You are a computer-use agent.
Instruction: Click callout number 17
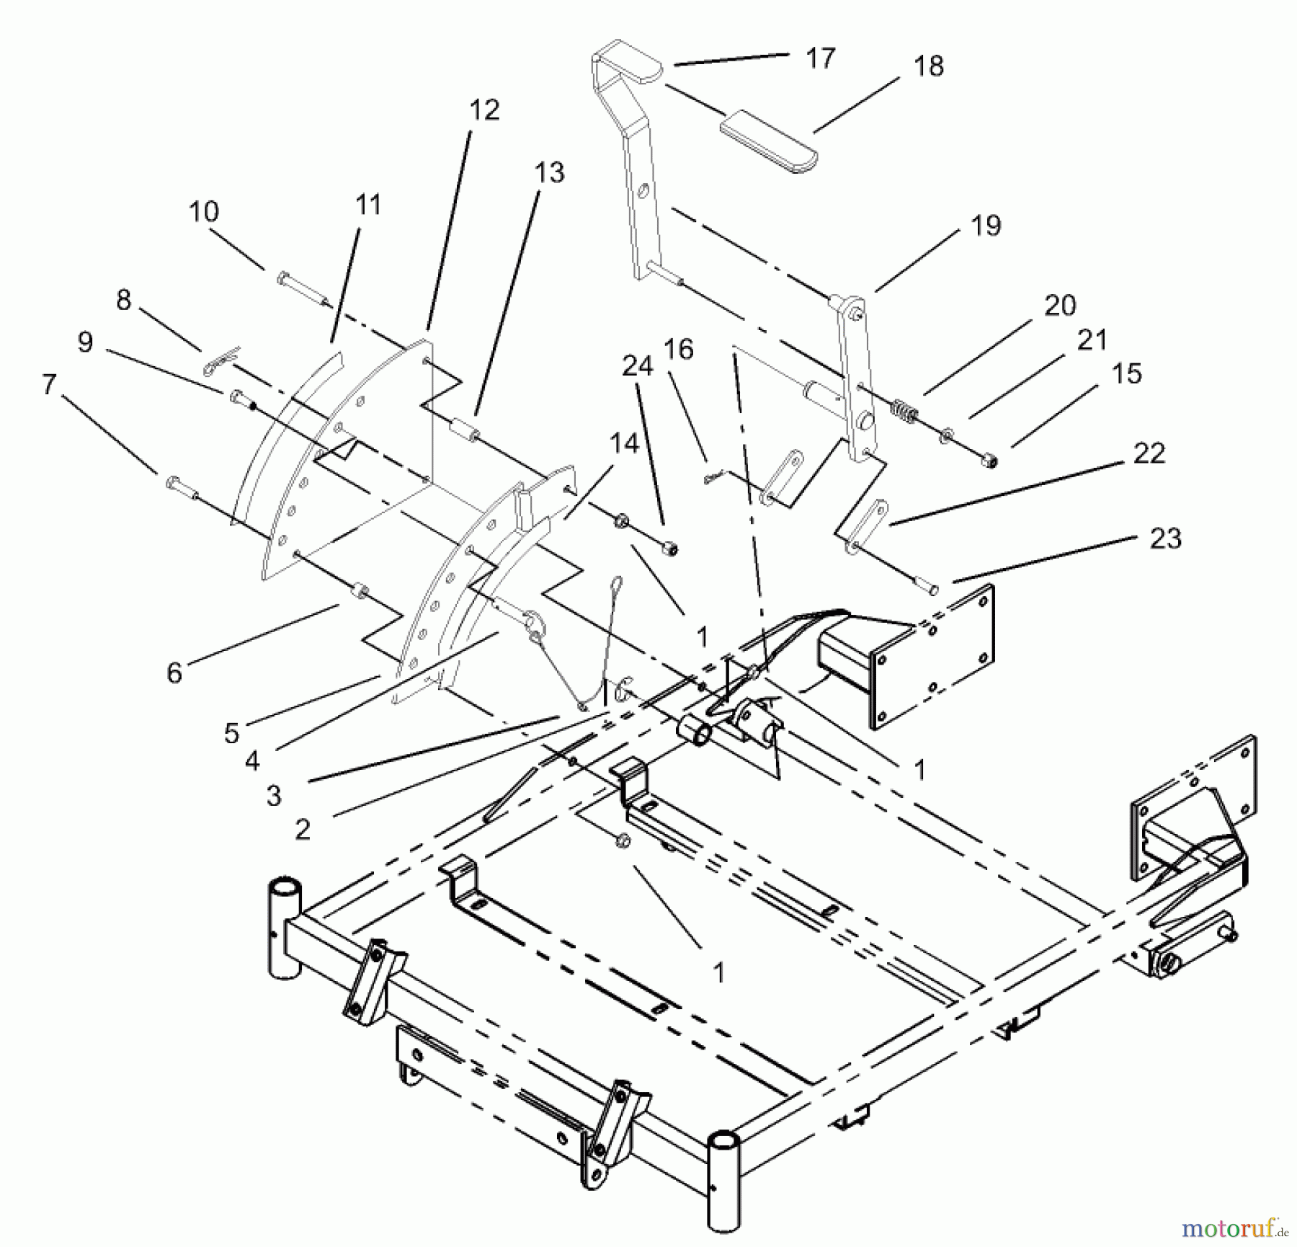pyautogui.click(x=820, y=58)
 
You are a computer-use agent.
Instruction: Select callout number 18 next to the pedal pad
pyautogui.click(x=928, y=66)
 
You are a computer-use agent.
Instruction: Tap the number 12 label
pyautogui.click(x=484, y=110)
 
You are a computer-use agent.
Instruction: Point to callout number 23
pyautogui.click(x=1165, y=538)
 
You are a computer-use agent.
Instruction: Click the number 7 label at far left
pyautogui.click(x=49, y=384)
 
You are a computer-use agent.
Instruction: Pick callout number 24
pyautogui.click(x=637, y=366)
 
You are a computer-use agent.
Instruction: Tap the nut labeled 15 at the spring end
pyautogui.click(x=991, y=461)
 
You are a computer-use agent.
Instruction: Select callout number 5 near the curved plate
pyautogui.click(x=231, y=732)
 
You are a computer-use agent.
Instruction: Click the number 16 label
pyautogui.click(x=678, y=350)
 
